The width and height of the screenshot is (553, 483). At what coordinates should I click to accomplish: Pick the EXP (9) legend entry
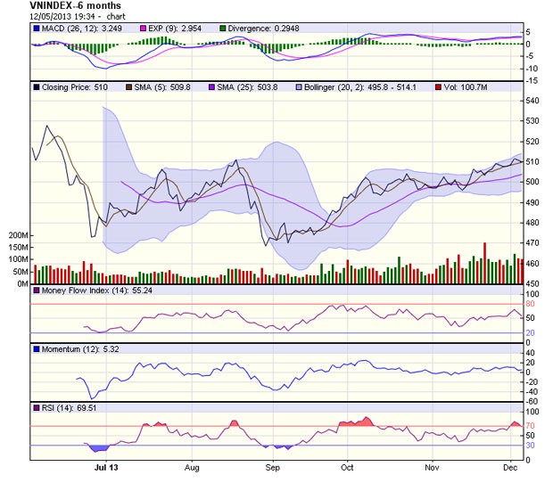click(167, 29)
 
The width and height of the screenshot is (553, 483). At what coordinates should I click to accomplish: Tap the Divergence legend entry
click(264, 29)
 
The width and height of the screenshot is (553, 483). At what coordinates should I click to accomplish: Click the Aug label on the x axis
click(192, 467)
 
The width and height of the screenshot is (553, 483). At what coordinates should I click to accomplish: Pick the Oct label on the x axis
click(347, 467)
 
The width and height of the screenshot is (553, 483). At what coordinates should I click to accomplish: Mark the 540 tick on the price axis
click(533, 101)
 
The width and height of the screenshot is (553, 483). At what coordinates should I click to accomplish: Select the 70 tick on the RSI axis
click(531, 427)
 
